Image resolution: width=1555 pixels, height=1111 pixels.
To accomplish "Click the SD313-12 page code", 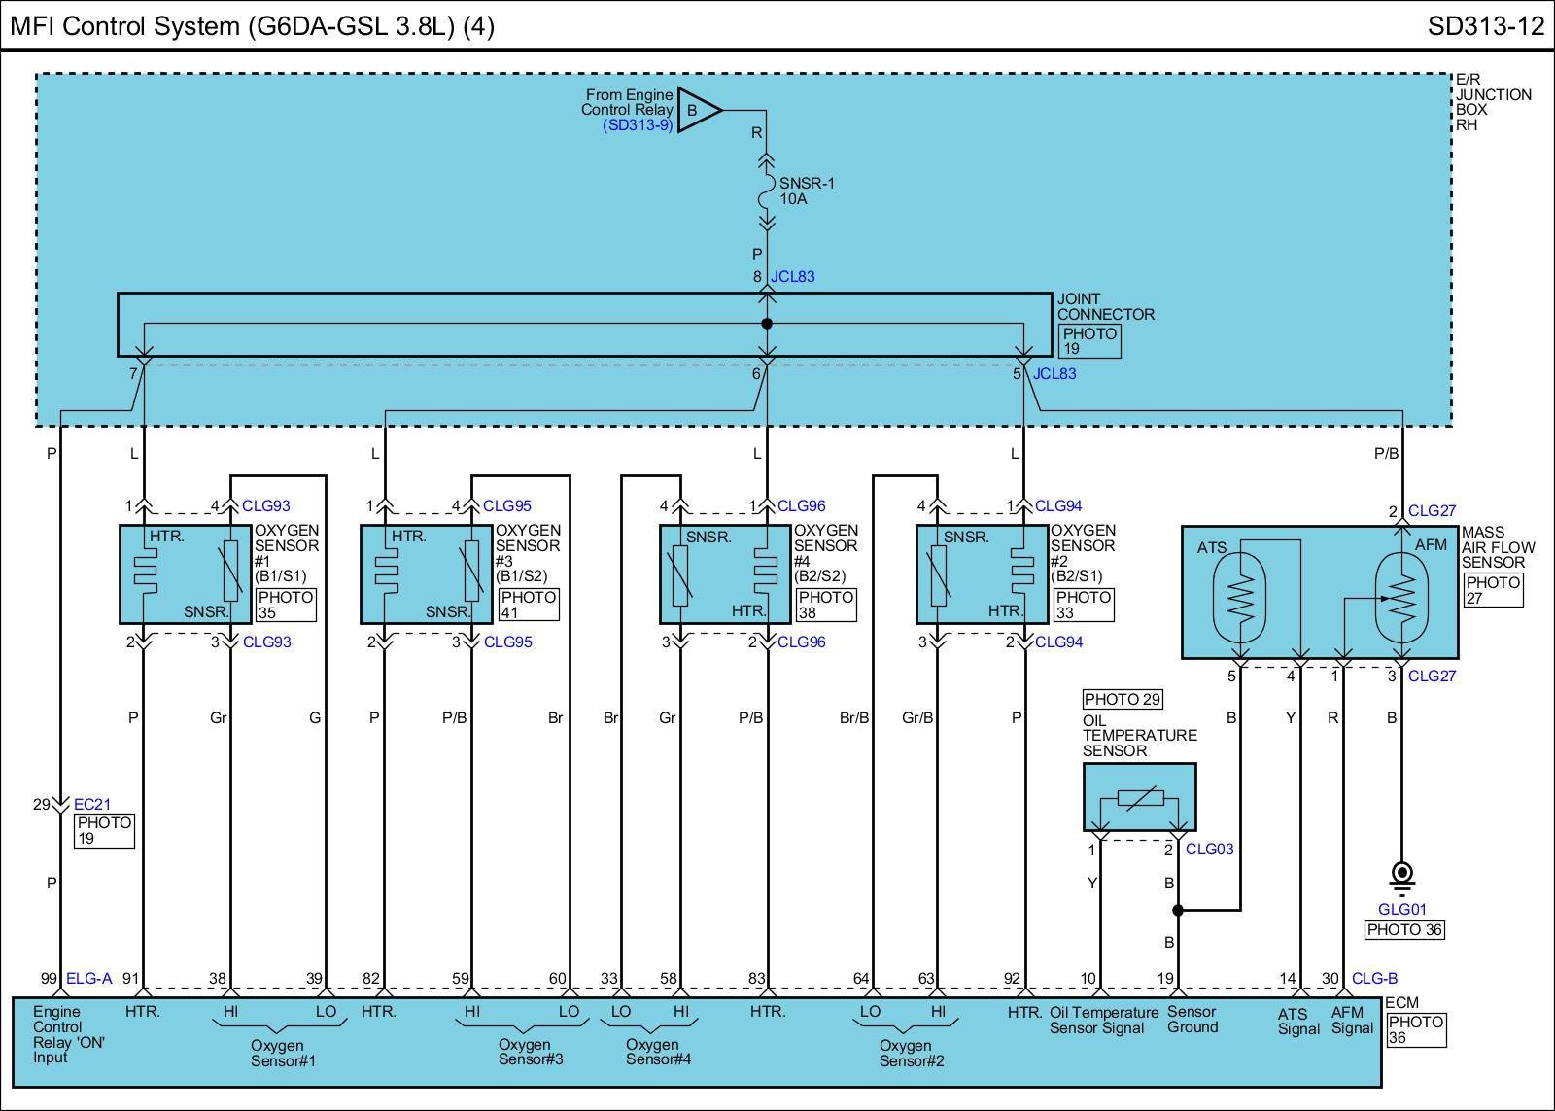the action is point(1486,26).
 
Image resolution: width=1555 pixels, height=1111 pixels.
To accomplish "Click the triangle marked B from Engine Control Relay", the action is point(699,110).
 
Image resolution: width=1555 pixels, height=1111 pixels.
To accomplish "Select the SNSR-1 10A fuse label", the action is point(807,191).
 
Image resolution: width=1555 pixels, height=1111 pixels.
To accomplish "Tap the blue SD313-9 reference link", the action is point(638,125).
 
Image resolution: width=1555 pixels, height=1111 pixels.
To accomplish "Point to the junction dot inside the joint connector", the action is point(767,324).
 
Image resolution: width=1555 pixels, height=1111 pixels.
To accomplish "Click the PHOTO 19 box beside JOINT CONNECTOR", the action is point(1089,341).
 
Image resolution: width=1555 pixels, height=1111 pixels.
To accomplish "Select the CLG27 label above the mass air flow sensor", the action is point(1432,511).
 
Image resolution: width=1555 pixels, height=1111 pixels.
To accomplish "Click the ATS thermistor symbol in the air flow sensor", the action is point(1240,598).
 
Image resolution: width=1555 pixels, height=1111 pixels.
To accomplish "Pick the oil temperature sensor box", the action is point(1139,797).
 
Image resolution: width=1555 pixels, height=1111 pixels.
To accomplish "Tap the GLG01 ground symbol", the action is point(1402,877).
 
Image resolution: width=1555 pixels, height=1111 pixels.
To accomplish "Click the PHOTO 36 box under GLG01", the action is point(1404,930).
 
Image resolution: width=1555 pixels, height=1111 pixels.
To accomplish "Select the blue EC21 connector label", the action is point(91,804).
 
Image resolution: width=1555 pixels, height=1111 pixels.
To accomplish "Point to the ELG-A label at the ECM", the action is point(88,979).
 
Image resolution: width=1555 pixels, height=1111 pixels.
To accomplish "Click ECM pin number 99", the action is point(49,979).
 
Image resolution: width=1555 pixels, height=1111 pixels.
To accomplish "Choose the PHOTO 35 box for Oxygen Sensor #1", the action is point(286,605).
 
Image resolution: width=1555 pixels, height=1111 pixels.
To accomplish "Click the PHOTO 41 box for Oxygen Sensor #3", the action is point(529,605).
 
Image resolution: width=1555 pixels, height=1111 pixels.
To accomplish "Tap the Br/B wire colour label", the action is point(854,718).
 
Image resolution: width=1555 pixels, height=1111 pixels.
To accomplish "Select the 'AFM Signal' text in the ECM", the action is point(1352,1020).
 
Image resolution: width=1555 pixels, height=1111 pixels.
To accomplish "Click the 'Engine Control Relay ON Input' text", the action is point(68,1034).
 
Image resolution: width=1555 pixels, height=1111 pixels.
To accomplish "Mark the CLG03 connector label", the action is point(1209,850).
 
